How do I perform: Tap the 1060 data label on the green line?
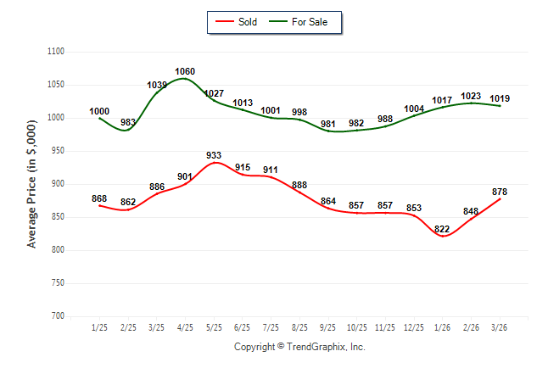[185, 71]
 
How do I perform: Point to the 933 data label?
[214, 155]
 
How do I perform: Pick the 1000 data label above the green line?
[99, 111]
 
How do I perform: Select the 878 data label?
[500, 191]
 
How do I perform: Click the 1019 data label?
[500, 98]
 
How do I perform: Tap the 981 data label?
[328, 124]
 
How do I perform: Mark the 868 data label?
[99, 198]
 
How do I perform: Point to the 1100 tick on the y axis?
[56, 52]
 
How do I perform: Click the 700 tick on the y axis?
[59, 316]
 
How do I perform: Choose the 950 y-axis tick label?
[59, 151]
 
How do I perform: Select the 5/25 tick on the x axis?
[214, 327]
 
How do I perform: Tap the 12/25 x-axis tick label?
[414, 327]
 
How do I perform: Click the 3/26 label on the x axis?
[500, 327]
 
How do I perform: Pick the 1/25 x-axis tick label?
[99, 327]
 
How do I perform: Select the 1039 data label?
[158, 85]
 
